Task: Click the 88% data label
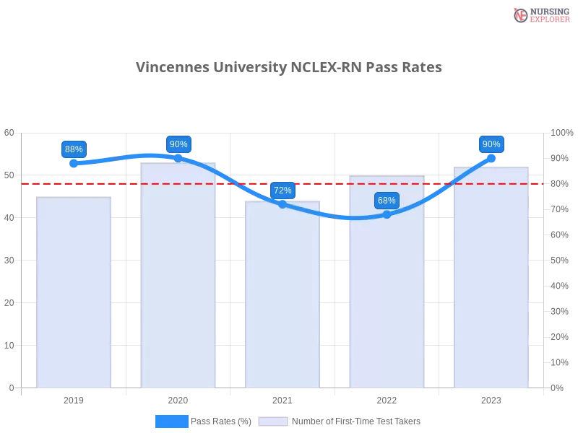point(74,149)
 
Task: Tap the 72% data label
point(282,191)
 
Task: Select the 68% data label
point(387,201)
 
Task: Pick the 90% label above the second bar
point(178,144)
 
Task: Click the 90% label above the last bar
point(491,144)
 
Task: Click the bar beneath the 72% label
point(282,296)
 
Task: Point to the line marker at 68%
point(387,214)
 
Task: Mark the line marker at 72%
point(282,204)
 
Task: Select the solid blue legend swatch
point(171,421)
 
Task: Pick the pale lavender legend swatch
point(273,421)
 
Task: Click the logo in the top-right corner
point(540,14)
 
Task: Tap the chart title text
point(289,67)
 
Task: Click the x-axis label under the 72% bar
point(282,398)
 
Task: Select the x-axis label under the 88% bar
point(75,398)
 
